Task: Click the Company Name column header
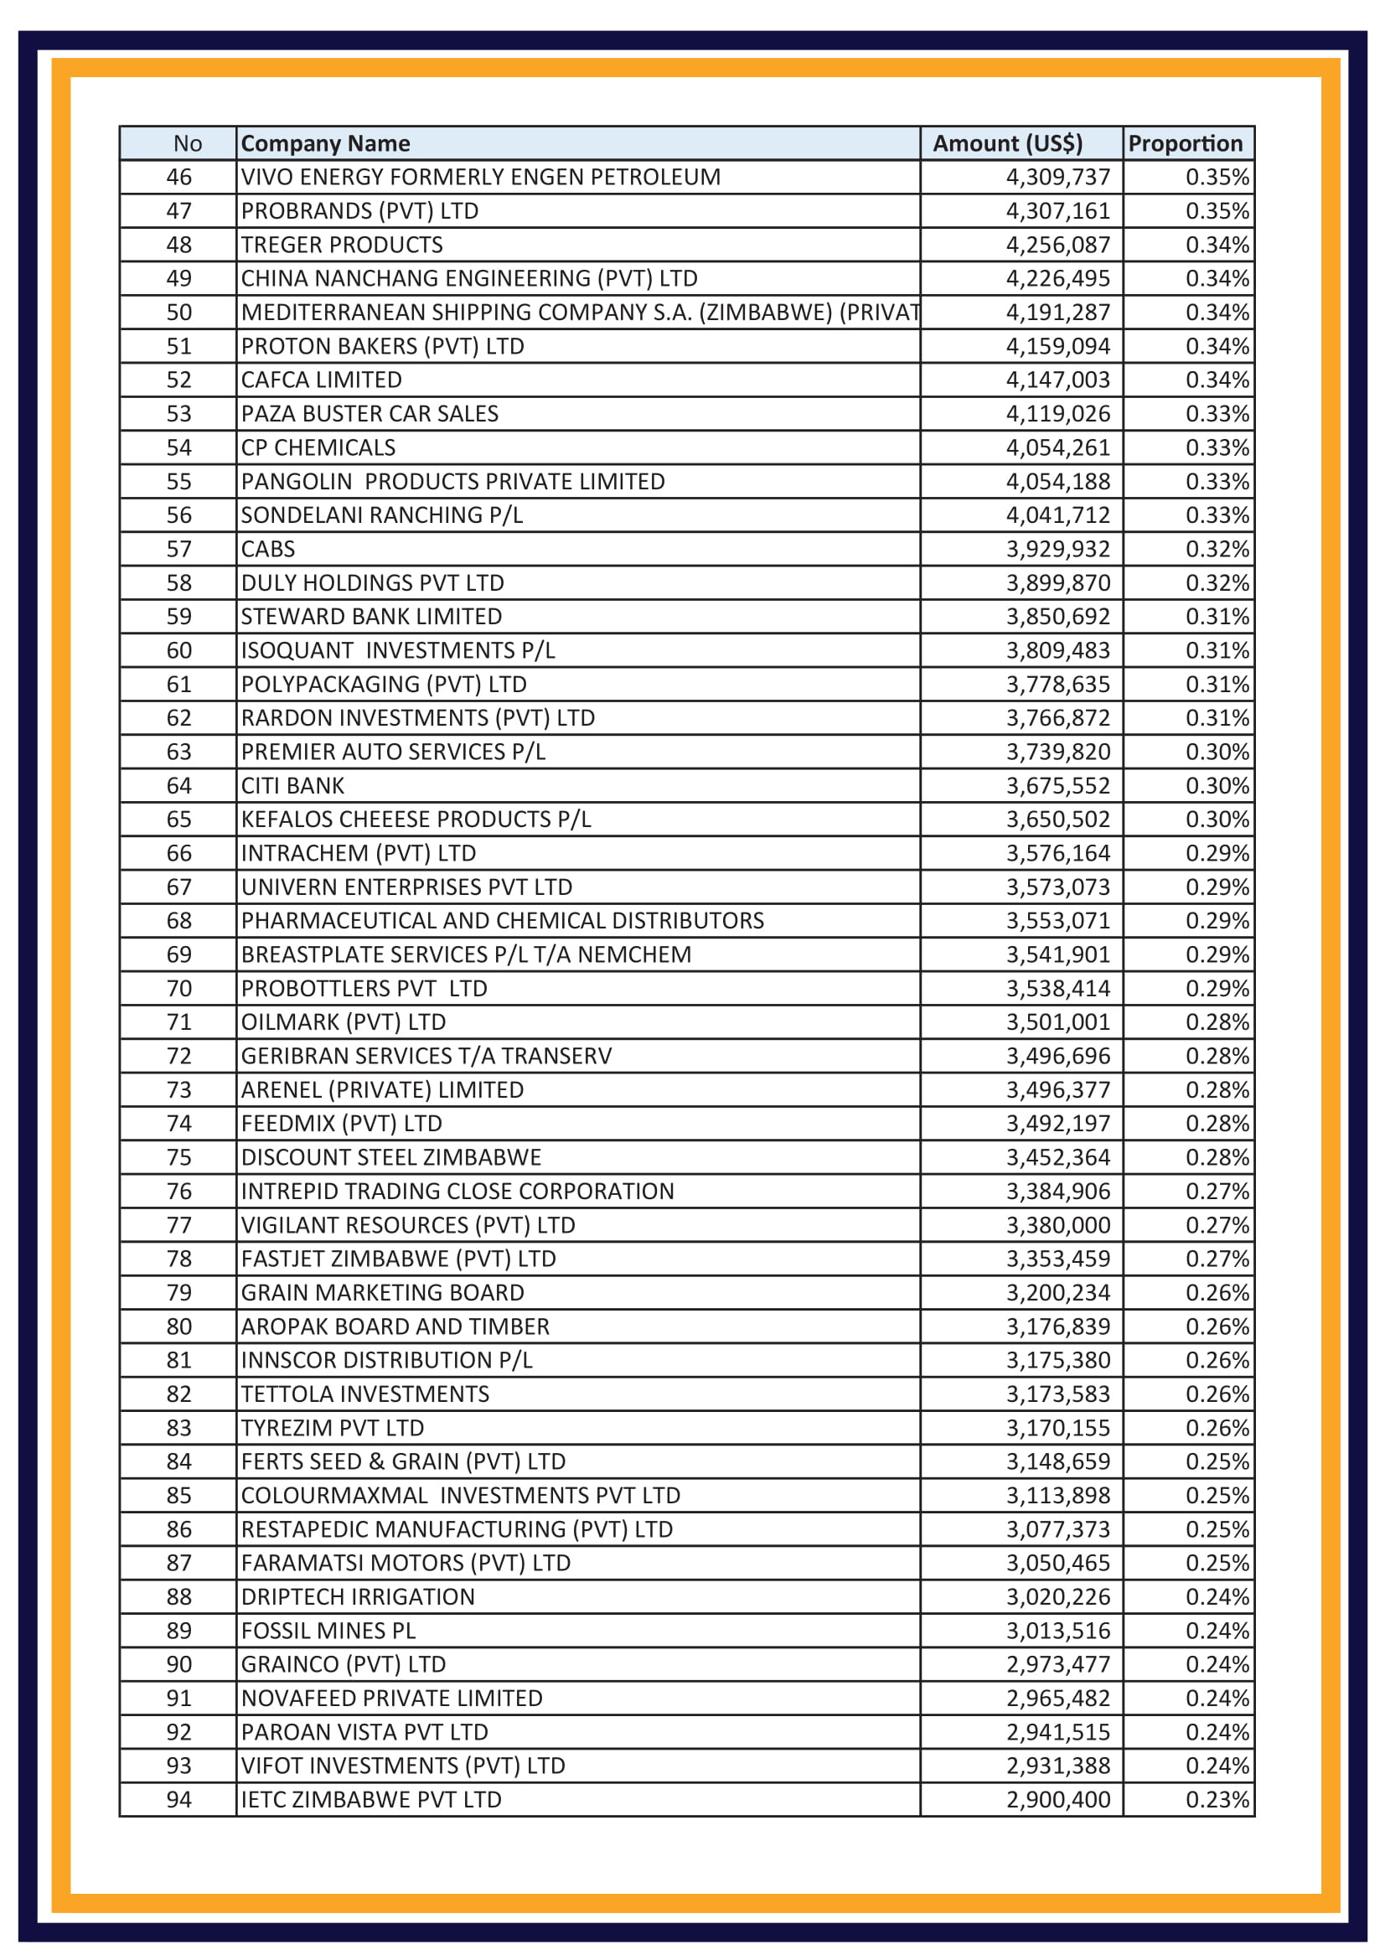click(x=325, y=143)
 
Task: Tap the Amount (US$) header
click(x=1007, y=143)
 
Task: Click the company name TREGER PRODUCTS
click(x=341, y=245)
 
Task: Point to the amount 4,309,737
click(x=1057, y=178)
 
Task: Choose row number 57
click(x=179, y=549)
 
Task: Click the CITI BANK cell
click(x=292, y=785)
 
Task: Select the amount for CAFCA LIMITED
click(x=1057, y=380)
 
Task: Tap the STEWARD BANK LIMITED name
click(x=371, y=617)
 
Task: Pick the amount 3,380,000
click(x=1057, y=1225)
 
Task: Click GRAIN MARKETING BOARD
click(x=382, y=1292)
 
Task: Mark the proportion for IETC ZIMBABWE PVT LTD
click(x=1216, y=1799)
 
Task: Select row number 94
click(x=179, y=1799)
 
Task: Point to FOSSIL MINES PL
click(x=328, y=1631)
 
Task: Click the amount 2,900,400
click(x=1057, y=1799)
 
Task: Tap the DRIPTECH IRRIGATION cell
click(x=358, y=1596)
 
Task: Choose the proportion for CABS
click(x=1216, y=549)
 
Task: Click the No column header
click(x=187, y=143)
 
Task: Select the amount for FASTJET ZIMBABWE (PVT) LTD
click(x=1057, y=1259)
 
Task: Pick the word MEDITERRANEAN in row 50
click(x=333, y=313)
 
